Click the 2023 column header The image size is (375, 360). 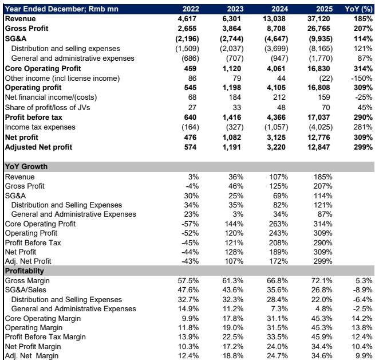(x=235, y=9)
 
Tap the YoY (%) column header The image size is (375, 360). (x=358, y=9)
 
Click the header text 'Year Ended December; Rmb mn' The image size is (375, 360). (x=61, y=9)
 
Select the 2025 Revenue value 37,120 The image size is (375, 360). (x=318, y=19)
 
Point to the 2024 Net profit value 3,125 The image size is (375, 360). (x=276, y=137)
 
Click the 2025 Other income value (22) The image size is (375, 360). (x=326, y=79)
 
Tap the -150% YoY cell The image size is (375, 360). (x=362, y=79)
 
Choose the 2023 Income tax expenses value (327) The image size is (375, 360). (x=235, y=127)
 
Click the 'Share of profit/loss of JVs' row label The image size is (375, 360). (x=48, y=108)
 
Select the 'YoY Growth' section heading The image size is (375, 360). (x=26, y=166)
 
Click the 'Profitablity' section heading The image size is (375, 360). (x=25, y=271)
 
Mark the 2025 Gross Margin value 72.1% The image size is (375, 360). (x=322, y=280)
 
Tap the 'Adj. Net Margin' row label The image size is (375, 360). (x=31, y=355)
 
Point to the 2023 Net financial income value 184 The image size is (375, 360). (x=235, y=97)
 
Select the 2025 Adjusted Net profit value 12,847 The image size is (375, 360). (x=318, y=147)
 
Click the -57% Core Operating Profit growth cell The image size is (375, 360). (x=190, y=224)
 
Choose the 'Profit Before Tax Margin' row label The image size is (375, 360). (x=45, y=336)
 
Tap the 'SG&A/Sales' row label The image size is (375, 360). (x=26, y=290)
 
